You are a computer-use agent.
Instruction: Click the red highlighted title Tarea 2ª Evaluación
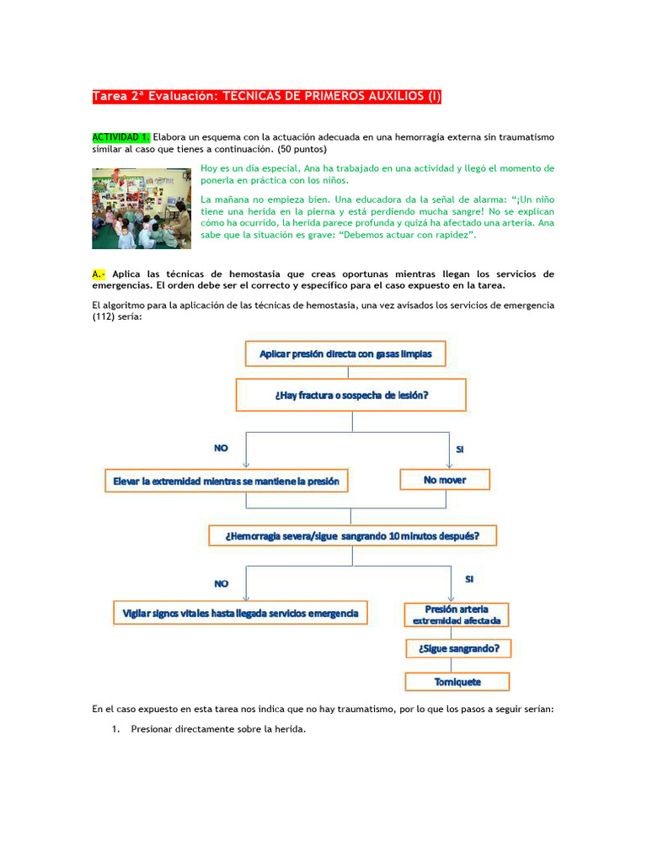click(x=266, y=97)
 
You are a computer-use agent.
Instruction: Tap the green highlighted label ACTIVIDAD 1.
click(x=120, y=137)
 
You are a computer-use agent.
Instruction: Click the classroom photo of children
click(x=142, y=209)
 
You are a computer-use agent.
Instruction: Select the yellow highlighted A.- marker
click(x=99, y=274)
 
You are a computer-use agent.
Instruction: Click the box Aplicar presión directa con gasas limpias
click(x=345, y=354)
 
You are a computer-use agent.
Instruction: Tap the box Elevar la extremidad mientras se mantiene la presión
click(x=226, y=482)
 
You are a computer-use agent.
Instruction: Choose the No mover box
click(x=444, y=480)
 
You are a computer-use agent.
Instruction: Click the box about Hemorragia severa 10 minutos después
click(x=352, y=535)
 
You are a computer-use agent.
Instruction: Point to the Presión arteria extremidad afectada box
click(x=456, y=615)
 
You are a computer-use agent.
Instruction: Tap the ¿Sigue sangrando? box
click(x=457, y=649)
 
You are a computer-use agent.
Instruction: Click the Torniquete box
click(x=457, y=681)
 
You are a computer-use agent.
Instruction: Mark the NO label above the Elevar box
click(x=221, y=449)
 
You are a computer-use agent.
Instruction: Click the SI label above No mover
click(x=460, y=450)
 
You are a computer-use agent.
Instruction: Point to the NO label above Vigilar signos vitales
click(x=222, y=583)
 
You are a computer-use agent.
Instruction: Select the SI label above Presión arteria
click(x=469, y=579)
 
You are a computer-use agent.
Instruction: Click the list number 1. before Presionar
click(x=116, y=729)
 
